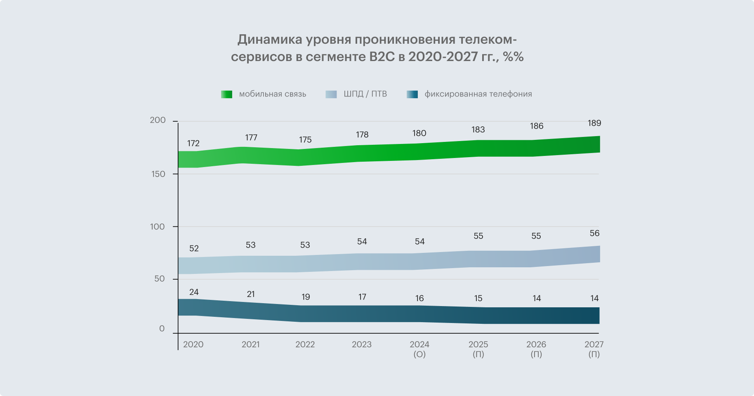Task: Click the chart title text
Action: (377, 48)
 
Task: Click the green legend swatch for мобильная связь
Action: (226, 94)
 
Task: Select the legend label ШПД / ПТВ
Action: (365, 94)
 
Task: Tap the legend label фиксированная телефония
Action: (478, 94)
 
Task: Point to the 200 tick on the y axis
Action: (158, 120)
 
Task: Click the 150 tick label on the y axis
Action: (158, 174)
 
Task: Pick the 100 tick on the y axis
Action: (157, 226)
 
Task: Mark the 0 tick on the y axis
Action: (162, 329)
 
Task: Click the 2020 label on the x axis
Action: (193, 344)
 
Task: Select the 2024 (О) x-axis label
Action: (419, 349)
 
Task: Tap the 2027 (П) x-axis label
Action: (594, 349)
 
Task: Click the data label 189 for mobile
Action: (594, 123)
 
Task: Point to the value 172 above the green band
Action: (193, 143)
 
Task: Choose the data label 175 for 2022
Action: (305, 139)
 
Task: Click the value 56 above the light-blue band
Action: (594, 233)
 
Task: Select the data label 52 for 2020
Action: (194, 248)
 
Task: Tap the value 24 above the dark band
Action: (194, 292)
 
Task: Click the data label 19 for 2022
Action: (306, 297)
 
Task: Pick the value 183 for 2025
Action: (478, 130)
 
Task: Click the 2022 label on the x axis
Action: (305, 344)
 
